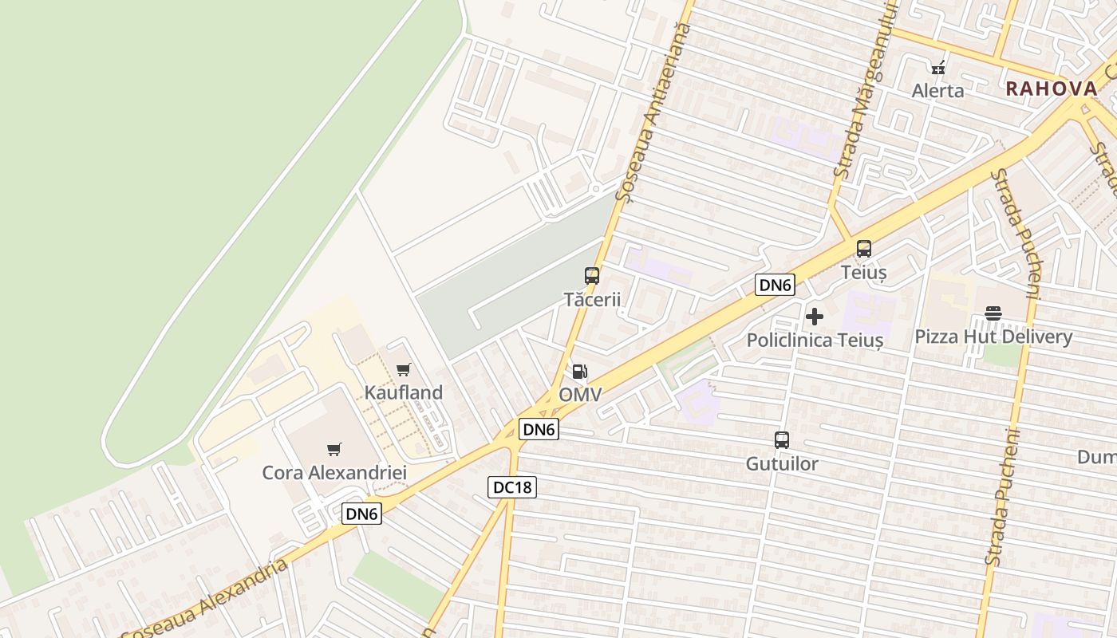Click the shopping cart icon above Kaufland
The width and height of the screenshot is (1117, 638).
tap(403, 369)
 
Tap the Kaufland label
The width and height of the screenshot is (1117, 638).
tap(403, 392)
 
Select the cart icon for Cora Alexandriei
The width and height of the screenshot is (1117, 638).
tap(334, 450)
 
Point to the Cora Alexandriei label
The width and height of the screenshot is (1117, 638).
tap(334, 473)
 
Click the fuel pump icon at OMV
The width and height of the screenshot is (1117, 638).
tap(580, 372)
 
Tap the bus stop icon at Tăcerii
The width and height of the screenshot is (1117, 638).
tap(591, 276)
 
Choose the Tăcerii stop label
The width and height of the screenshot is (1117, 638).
tap(592, 300)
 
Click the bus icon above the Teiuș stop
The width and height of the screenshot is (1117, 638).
tap(863, 249)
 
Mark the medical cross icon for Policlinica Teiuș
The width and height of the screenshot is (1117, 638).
tap(814, 317)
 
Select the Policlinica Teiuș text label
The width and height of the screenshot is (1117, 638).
tap(815, 341)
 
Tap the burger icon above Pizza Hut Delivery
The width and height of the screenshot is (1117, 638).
tap(993, 313)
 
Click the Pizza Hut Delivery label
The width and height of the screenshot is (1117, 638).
tap(993, 337)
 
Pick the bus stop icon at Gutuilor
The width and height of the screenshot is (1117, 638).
tap(782, 440)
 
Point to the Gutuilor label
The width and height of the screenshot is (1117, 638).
tap(782, 463)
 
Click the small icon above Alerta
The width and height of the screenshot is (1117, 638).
tap(938, 68)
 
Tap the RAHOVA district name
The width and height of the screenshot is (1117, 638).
tap(1052, 89)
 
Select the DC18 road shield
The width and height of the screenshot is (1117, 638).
tap(512, 486)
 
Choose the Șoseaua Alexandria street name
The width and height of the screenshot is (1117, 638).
tap(206, 600)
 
